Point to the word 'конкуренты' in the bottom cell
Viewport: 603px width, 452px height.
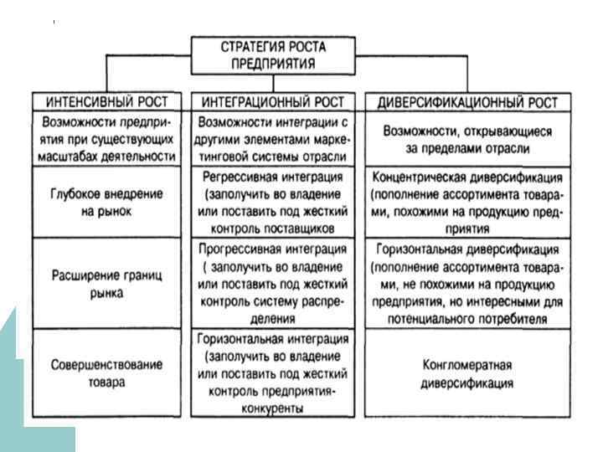[x=274, y=408]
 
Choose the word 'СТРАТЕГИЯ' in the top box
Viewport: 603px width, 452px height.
[x=246, y=47]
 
